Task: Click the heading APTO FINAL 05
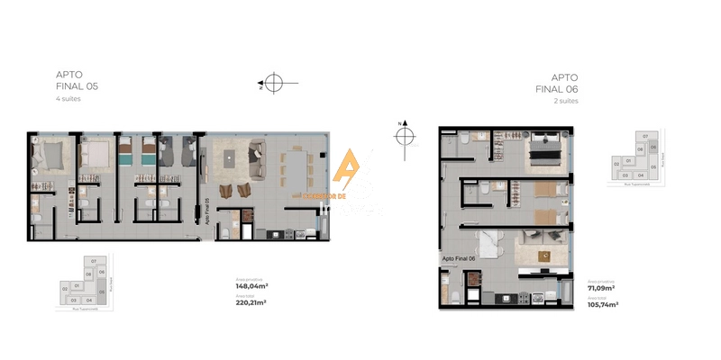(x=77, y=81)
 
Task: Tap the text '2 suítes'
(x=566, y=102)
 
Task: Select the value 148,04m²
(x=251, y=288)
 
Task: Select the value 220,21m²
(x=251, y=302)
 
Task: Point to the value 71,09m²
(x=602, y=290)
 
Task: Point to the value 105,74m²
(x=604, y=304)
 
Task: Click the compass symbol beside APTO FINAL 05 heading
(x=274, y=85)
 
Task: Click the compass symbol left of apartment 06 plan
(x=405, y=136)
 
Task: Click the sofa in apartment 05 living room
(x=255, y=157)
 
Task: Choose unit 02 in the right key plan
(x=616, y=164)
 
